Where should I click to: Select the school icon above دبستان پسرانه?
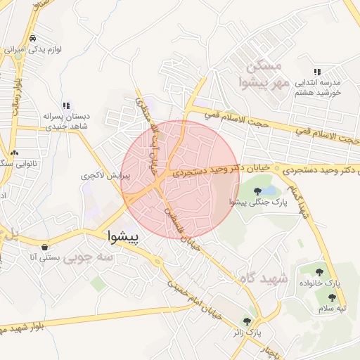(x=65, y=105)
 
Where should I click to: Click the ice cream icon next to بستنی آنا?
(x=46, y=247)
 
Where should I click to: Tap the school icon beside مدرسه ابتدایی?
(x=318, y=72)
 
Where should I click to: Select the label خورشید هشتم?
(x=316, y=92)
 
